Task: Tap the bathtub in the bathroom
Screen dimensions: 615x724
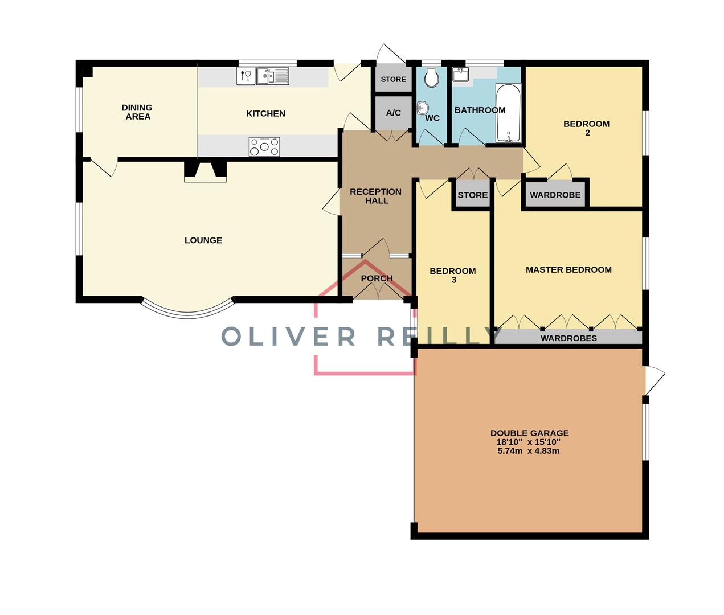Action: click(x=508, y=113)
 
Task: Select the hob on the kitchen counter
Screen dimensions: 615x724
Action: click(x=264, y=146)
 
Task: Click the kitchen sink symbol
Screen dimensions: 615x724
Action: click(x=273, y=76)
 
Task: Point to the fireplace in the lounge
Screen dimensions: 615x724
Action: click(x=205, y=171)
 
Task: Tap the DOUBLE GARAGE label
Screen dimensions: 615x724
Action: click(x=529, y=433)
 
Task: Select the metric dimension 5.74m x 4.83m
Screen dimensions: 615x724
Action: click(x=528, y=451)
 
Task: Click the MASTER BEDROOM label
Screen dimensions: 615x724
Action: click(x=568, y=270)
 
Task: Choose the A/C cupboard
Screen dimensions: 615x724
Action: click(x=393, y=113)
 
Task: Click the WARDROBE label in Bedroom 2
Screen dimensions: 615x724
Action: click(x=555, y=195)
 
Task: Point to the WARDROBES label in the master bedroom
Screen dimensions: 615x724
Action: click(x=568, y=338)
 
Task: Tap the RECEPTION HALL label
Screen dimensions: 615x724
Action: click(x=376, y=196)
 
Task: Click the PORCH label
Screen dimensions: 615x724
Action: click(x=377, y=278)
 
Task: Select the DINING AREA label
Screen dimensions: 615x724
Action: click(x=137, y=112)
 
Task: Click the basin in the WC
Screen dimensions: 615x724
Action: click(x=423, y=108)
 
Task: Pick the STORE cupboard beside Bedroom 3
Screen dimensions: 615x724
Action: click(x=472, y=195)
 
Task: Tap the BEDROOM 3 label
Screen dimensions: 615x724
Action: click(x=453, y=275)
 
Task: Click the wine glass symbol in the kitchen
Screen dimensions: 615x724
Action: click(x=246, y=76)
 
